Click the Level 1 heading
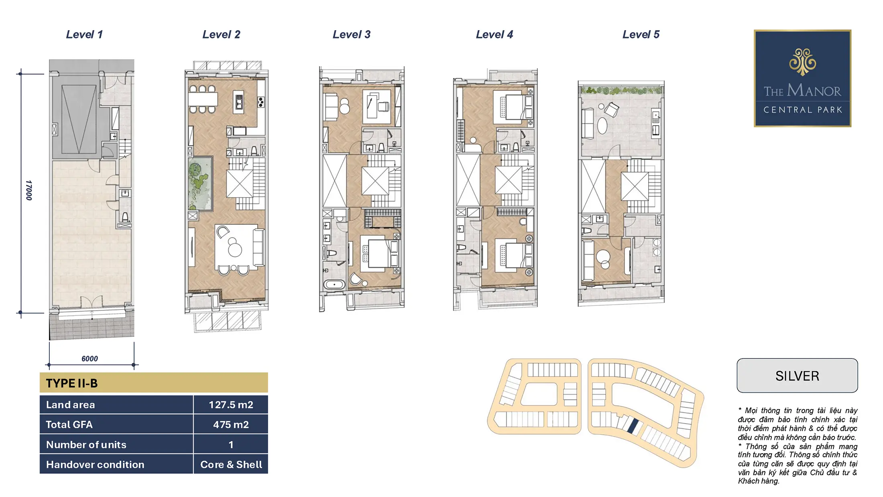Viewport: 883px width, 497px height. click(x=84, y=35)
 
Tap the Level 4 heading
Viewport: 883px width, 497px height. click(x=494, y=35)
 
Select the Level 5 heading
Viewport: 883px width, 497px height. click(x=641, y=35)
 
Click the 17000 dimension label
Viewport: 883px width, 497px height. click(x=28, y=190)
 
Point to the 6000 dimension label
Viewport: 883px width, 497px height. click(x=90, y=358)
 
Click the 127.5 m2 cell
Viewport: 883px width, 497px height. click(x=231, y=405)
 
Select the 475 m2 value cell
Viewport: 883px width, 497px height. click(x=231, y=424)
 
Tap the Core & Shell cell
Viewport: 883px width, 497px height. click(x=231, y=464)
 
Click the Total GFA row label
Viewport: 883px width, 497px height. click(x=69, y=424)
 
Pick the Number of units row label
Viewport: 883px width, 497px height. click(x=86, y=444)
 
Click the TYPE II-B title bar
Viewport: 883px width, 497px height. click(x=154, y=383)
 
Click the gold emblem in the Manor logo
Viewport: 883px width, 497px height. click(x=802, y=62)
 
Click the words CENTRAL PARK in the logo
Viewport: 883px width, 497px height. click(x=803, y=110)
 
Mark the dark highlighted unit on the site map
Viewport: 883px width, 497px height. click(x=633, y=426)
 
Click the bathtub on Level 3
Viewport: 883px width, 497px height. click(x=334, y=285)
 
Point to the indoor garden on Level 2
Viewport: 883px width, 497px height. click(x=200, y=183)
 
